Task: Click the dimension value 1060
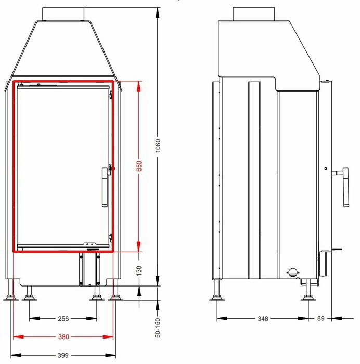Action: coord(158,146)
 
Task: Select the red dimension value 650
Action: coord(139,166)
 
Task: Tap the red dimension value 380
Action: coord(63,336)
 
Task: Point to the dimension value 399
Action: coord(63,355)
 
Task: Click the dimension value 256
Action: coord(63,318)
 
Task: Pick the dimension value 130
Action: coord(139,271)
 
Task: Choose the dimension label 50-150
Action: coord(158,328)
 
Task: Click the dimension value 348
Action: coord(263,318)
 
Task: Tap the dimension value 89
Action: coord(321,318)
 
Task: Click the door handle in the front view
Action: coord(105,187)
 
